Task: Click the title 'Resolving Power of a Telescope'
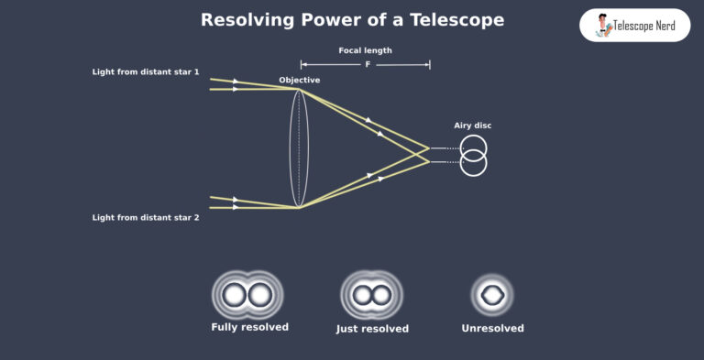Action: pyautogui.click(x=352, y=19)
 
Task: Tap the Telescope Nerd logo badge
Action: pyautogui.click(x=634, y=26)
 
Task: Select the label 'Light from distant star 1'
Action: pyautogui.click(x=146, y=71)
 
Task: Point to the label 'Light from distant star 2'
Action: pyautogui.click(x=146, y=217)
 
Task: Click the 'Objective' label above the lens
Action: pyautogui.click(x=300, y=81)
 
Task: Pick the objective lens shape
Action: pyautogui.click(x=298, y=147)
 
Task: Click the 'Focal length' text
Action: pyautogui.click(x=365, y=50)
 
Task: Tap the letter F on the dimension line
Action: pyautogui.click(x=365, y=65)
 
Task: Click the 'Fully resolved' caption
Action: pyautogui.click(x=249, y=327)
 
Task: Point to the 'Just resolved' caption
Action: pyautogui.click(x=372, y=328)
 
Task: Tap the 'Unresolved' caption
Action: pyautogui.click(x=493, y=327)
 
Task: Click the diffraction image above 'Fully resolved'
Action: pyautogui.click(x=247, y=295)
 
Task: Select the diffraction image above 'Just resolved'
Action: pyautogui.click(x=371, y=295)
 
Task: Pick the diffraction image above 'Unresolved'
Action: pyautogui.click(x=492, y=295)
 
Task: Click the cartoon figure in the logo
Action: pyautogui.click(x=604, y=25)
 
